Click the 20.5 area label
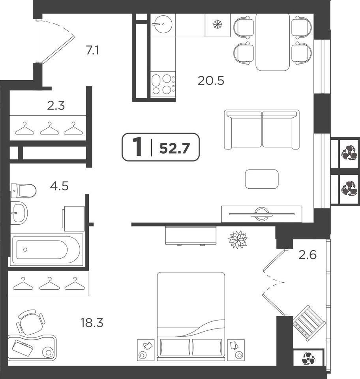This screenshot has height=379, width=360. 211,81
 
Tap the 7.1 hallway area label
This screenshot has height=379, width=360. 92,51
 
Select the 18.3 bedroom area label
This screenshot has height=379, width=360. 92,323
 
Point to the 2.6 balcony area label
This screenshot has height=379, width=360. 307,255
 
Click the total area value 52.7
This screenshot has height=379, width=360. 174,148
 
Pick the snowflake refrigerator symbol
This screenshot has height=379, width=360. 217,24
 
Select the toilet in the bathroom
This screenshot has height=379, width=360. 23,190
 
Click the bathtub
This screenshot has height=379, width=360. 46,250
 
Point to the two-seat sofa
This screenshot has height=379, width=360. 262,129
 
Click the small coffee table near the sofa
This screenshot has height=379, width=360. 262,179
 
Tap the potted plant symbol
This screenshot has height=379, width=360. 238,239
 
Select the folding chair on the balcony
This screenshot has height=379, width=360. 309,323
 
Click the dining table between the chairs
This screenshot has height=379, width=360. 272,42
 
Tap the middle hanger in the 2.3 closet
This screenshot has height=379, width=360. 49,128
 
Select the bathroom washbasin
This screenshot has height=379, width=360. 19,213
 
